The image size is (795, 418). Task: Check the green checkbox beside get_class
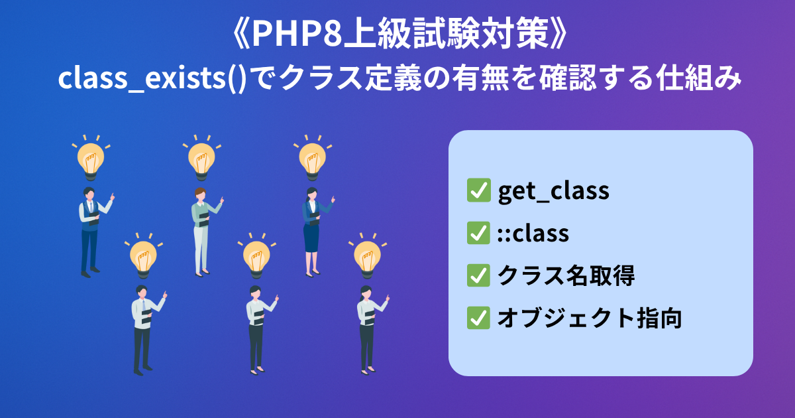click(478, 191)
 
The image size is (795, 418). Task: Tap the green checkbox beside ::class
click(478, 234)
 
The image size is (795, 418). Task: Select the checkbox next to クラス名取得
click(478, 276)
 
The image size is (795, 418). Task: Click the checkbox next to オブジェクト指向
click(478, 318)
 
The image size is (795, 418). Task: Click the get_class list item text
click(553, 191)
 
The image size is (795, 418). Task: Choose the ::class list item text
click(533, 234)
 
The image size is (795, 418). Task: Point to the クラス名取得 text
click(566, 276)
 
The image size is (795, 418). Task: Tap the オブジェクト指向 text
click(589, 318)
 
